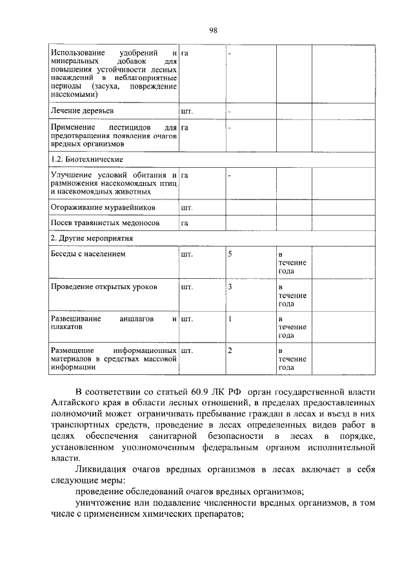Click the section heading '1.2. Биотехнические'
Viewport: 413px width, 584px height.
[x=86, y=159]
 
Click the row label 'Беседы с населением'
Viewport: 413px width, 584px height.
[x=88, y=254]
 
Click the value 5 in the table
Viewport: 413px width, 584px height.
[x=230, y=254]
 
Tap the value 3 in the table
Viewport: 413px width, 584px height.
[x=230, y=286]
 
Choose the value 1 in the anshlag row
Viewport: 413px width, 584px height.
[x=230, y=318]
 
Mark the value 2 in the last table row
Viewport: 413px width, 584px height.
[x=230, y=350]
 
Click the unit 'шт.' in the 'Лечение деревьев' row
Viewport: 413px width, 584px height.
[x=187, y=111]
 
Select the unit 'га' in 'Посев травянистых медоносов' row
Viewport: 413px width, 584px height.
[x=185, y=223]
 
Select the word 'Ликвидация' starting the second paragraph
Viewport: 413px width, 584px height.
[x=102, y=469]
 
